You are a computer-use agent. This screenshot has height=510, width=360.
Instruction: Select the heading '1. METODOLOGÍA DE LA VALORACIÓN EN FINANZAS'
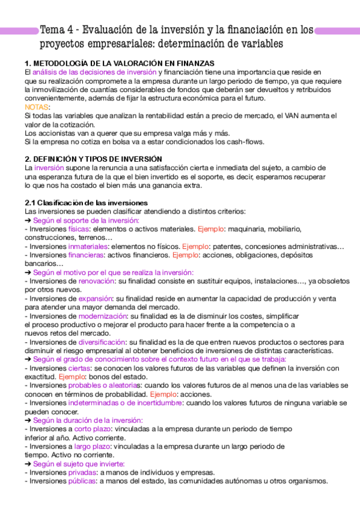120,64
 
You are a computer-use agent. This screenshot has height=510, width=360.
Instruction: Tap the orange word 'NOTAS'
34,106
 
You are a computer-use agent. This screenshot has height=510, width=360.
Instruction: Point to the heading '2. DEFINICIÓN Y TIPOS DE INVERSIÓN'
93,159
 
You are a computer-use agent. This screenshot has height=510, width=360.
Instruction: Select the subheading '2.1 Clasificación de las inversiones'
86,203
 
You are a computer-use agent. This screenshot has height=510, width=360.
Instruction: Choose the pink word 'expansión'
95,298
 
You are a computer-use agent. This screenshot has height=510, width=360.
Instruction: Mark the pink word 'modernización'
103,316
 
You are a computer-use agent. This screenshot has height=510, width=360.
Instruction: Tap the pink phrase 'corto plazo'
92,429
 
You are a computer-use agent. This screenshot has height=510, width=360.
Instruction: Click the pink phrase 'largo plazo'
93,446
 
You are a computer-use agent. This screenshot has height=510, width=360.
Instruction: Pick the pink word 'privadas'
82,472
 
